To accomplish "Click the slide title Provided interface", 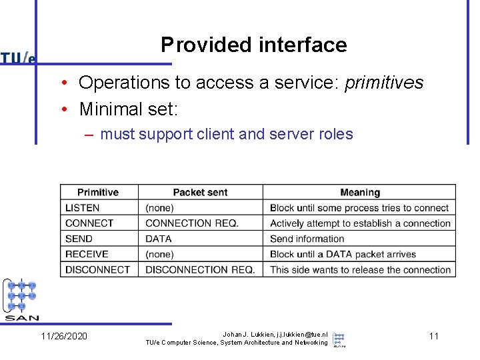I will [253, 45].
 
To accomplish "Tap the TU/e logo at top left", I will [18, 58].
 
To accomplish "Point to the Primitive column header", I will [98, 193].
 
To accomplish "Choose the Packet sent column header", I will [200, 193].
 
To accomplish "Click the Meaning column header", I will [359, 193].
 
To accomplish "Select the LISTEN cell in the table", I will [82, 208].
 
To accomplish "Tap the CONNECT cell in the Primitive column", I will [89, 223].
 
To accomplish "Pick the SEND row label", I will [79, 239].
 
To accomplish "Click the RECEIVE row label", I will [87, 254].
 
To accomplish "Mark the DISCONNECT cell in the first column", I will [97, 269].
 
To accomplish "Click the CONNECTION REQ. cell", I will [191, 223].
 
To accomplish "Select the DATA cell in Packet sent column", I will [159, 239].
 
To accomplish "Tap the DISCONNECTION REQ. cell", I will [200, 269].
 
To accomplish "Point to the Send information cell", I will [307, 239].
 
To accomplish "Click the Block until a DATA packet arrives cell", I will [343, 254].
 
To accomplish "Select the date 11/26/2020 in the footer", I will [64, 336].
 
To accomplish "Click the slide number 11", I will [433, 336].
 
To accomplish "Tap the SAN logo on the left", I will [21, 300].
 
